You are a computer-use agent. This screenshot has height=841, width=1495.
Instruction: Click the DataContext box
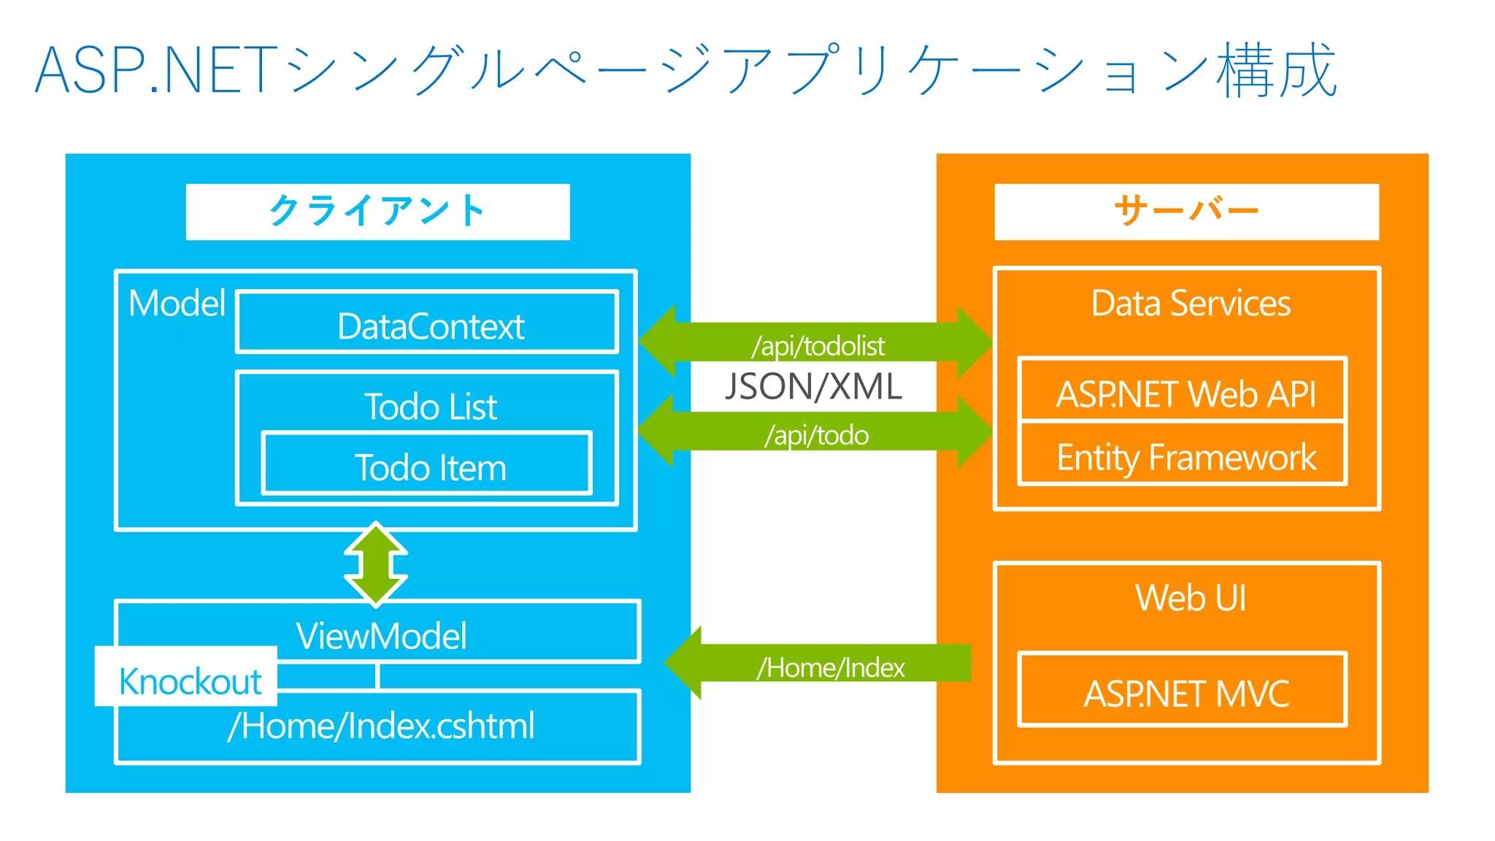pyautogui.click(x=428, y=323)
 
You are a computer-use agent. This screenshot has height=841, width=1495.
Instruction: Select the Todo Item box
pyautogui.click(x=428, y=465)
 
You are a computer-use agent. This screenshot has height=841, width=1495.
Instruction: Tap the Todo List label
pyautogui.click(x=430, y=406)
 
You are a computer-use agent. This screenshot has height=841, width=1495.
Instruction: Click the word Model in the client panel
pyautogui.click(x=177, y=303)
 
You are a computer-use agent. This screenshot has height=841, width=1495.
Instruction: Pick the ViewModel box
pyautogui.click(x=380, y=634)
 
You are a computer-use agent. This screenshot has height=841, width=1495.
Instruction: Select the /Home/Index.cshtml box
pyautogui.click(x=380, y=726)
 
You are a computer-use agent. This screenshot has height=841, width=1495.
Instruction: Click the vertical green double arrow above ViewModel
pyautogui.click(x=376, y=564)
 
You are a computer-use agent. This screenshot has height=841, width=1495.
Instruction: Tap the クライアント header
pyautogui.click(x=377, y=212)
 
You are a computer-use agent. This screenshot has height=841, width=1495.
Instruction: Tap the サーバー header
pyautogui.click(x=1186, y=212)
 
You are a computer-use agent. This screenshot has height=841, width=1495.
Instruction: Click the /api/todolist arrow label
pyautogui.click(x=818, y=345)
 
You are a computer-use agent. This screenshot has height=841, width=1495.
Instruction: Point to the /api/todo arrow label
pyautogui.click(x=816, y=435)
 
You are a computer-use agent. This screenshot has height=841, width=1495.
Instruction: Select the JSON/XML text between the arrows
pyautogui.click(x=813, y=387)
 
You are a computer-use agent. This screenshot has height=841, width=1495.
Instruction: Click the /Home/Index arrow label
pyautogui.click(x=831, y=667)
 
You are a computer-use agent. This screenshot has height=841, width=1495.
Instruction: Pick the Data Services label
pyautogui.click(x=1190, y=303)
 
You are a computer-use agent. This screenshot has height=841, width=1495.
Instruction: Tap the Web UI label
pyautogui.click(x=1190, y=597)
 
